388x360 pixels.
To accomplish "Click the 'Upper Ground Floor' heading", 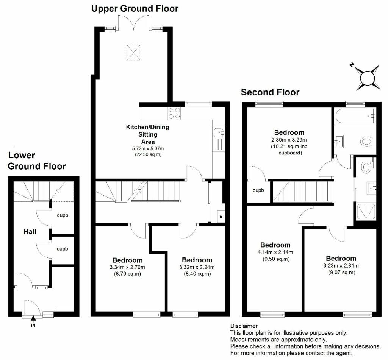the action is (135, 9).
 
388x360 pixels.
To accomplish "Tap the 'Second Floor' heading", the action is (270, 92).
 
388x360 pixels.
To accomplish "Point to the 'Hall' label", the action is (30, 231).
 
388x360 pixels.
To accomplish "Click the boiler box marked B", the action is (221, 217).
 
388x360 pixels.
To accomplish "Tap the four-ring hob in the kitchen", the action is (174, 113).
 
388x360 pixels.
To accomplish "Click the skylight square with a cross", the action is (134, 52).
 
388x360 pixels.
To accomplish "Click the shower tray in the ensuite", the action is (366, 210).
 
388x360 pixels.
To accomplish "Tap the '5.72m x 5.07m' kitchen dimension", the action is (148, 149).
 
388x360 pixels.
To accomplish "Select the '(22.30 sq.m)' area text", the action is (148, 154).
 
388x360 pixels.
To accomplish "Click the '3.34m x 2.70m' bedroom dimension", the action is (127, 267).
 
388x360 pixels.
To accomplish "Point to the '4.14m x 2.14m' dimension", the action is (275, 252).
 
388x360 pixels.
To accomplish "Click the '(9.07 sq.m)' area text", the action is (341, 273).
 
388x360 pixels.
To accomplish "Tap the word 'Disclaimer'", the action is (244, 326).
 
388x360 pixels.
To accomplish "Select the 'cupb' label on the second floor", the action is (258, 190).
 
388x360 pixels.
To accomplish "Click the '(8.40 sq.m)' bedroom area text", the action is (197, 274).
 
